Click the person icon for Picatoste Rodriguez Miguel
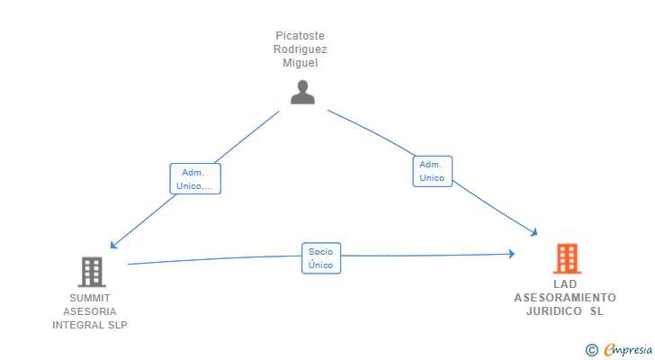coord(302,92)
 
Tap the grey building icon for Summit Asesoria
coord(91,272)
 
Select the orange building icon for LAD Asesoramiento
coord(567,259)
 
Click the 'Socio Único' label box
coord(320,258)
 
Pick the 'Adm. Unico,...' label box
coord(195,179)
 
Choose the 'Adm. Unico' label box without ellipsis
coord(432,171)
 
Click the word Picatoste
coord(300,36)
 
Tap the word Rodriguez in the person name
coord(300,49)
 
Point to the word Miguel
coord(300,63)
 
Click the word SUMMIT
coord(90,298)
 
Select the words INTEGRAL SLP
coord(90,325)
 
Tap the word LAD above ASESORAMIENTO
coord(565,284)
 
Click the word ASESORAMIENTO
coord(565,298)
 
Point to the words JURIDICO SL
coord(565,311)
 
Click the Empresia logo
coord(626,349)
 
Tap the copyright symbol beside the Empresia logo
coord(592,349)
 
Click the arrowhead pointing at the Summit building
coord(112,245)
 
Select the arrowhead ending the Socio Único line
coord(511,255)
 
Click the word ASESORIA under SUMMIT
coord(90,311)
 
